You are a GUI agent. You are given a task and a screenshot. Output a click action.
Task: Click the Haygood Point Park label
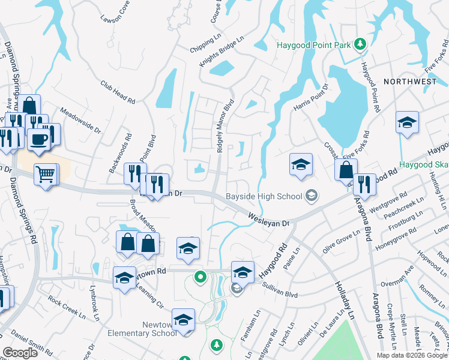(x=313, y=46)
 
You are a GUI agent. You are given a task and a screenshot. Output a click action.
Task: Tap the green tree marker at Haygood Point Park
(x=360, y=44)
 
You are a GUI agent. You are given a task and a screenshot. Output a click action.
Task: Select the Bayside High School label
(x=264, y=195)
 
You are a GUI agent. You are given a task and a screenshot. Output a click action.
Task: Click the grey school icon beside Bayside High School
(x=312, y=194)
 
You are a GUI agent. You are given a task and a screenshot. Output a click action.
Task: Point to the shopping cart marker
(x=45, y=175)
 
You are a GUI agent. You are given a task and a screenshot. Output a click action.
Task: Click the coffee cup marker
(x=39, y=139)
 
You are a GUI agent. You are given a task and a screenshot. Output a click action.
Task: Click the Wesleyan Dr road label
(x=270, y=219)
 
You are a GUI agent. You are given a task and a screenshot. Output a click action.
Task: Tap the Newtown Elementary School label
(x=142, y=329)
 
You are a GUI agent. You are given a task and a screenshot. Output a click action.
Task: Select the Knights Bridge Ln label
(x=223, y=48)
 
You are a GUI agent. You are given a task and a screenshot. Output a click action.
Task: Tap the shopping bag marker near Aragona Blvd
(x=346, y=170)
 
